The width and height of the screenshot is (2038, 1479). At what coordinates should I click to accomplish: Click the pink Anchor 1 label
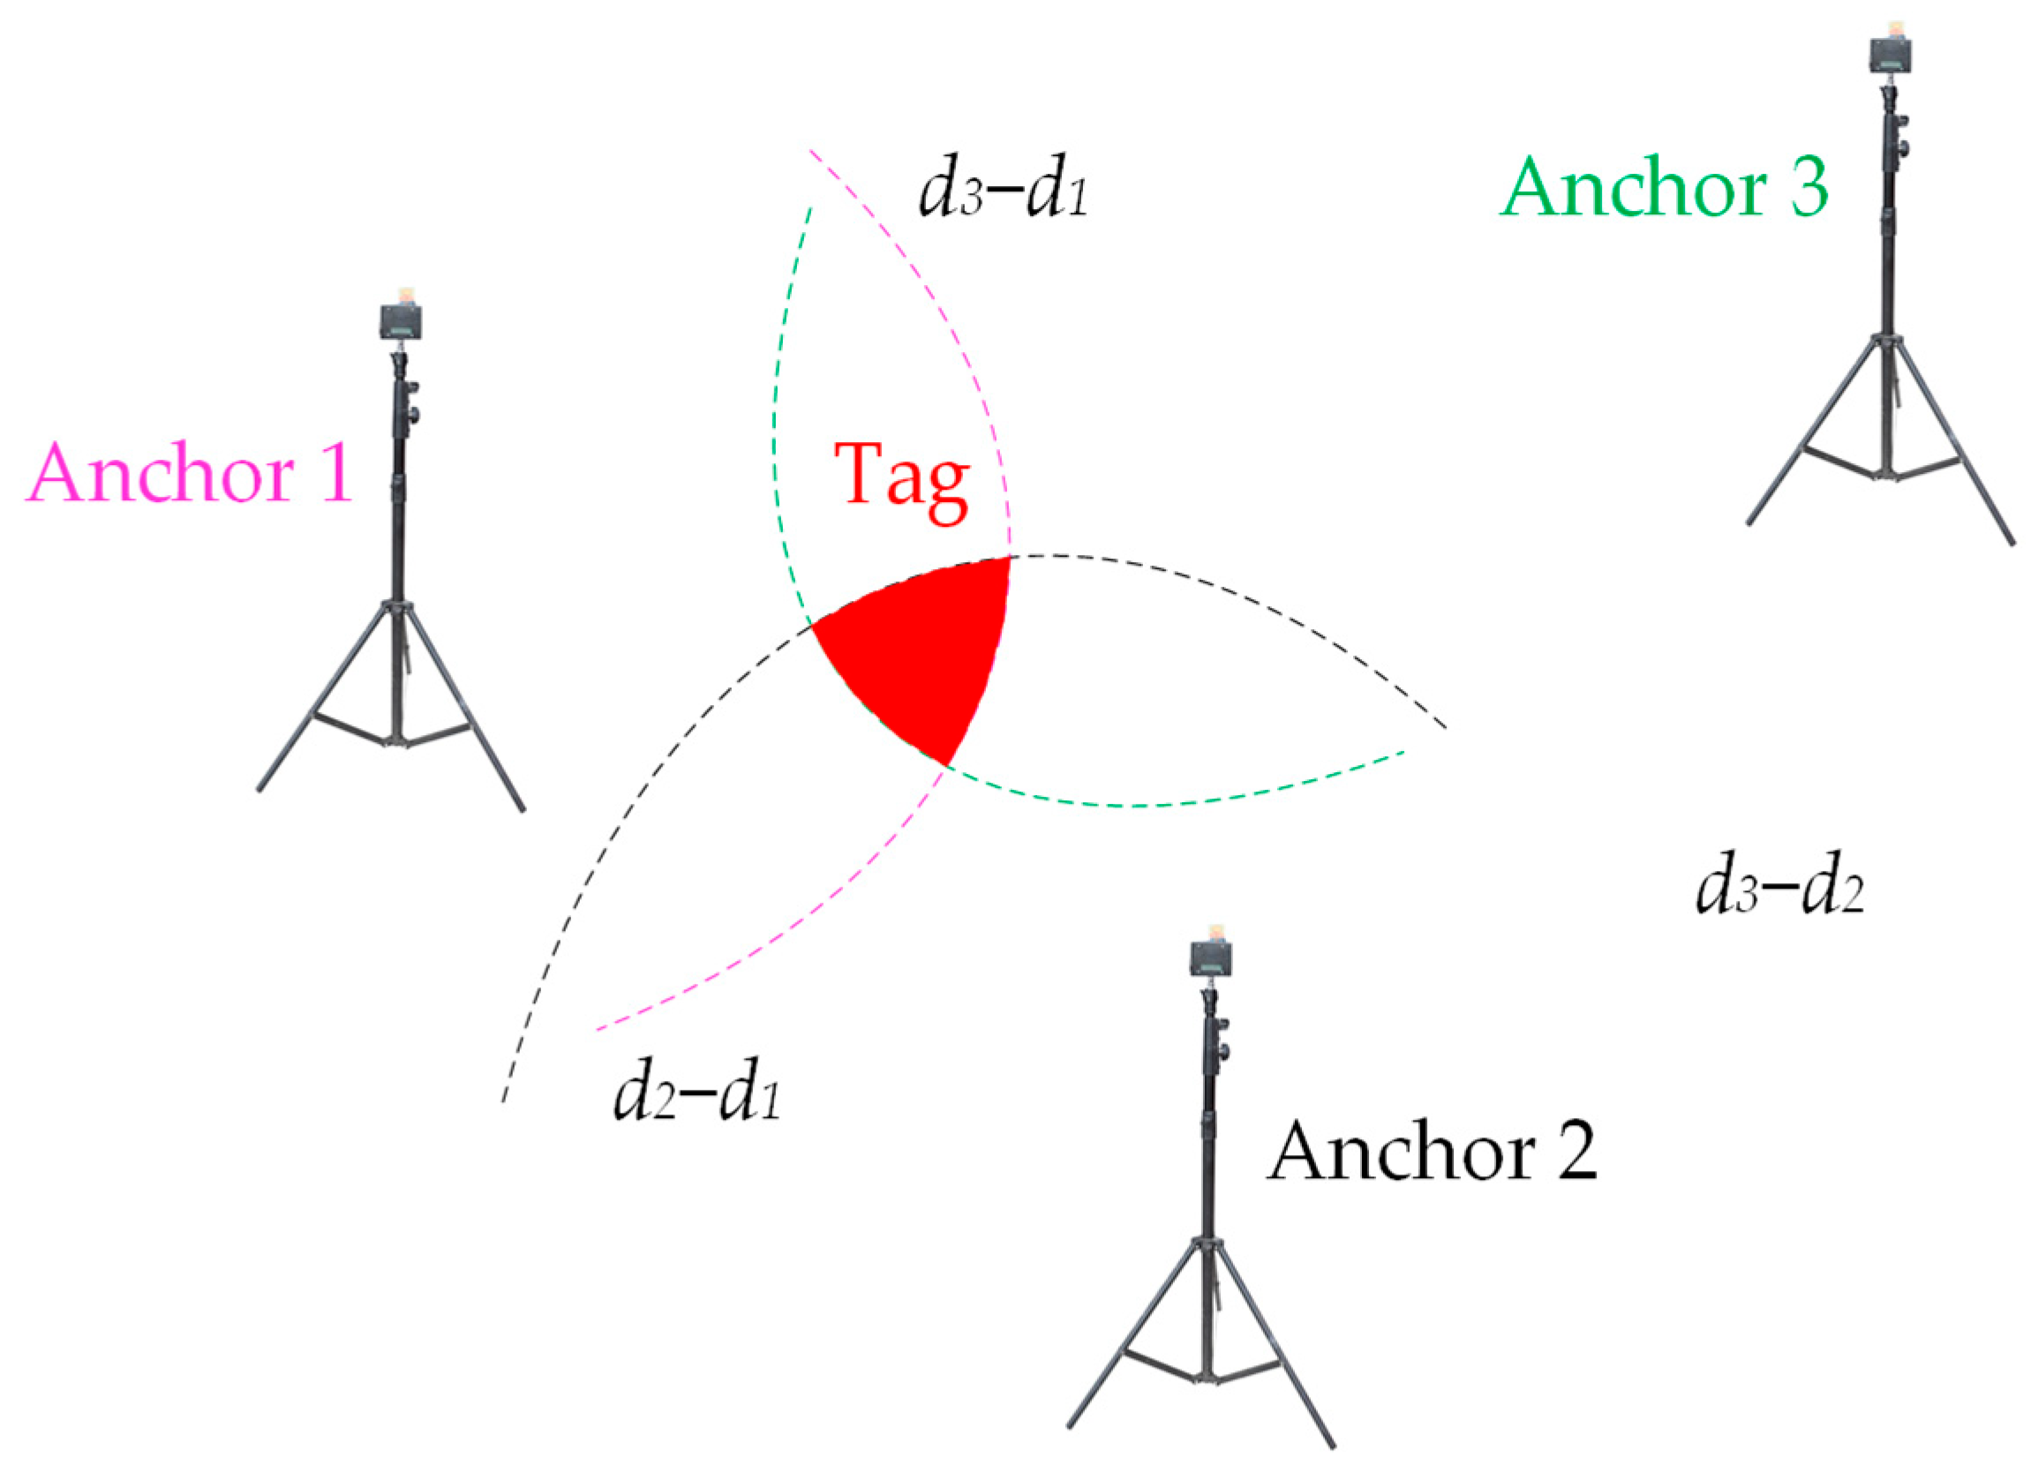click(190, 474)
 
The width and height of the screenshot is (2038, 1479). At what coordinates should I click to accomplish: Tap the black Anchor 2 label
click(1433, 1152)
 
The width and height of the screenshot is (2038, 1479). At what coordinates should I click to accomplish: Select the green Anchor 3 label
click(1664, 188)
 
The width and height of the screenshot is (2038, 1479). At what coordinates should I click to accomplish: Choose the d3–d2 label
click(1779, 891)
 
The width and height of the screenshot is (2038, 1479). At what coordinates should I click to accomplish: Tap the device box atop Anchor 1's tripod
click(401, 321)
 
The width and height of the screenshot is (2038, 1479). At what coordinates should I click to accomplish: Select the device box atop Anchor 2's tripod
click(1210, 956)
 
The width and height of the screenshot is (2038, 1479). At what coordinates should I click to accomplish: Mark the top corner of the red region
click(1009, 559)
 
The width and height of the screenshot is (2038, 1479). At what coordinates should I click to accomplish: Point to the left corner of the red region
click(813, 627)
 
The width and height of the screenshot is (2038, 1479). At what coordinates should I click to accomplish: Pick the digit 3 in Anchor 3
click(1807, 188)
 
